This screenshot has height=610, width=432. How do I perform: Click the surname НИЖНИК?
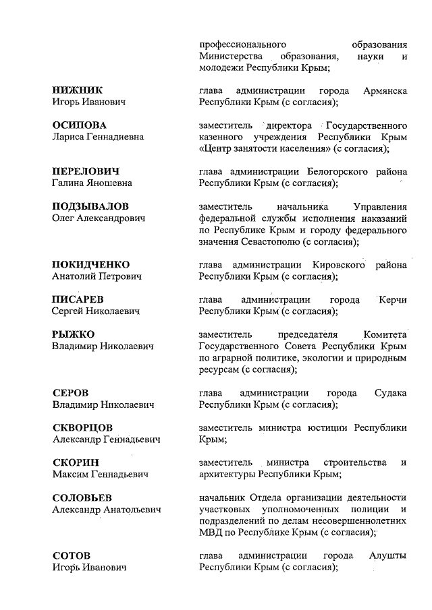[78, 90]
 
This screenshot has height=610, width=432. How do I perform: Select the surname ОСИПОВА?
[80, 125]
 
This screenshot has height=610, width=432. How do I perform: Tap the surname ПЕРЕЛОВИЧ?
[87, 171]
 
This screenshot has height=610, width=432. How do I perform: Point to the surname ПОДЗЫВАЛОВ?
[90, 206]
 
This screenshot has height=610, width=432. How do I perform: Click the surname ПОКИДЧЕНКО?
[91, 264]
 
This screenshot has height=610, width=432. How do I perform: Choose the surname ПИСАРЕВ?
[78, 299]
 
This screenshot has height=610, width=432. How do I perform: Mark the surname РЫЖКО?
[74, 334]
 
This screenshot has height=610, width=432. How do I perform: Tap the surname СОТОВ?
[72, 555]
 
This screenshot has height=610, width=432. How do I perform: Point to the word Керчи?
[392, 299]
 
